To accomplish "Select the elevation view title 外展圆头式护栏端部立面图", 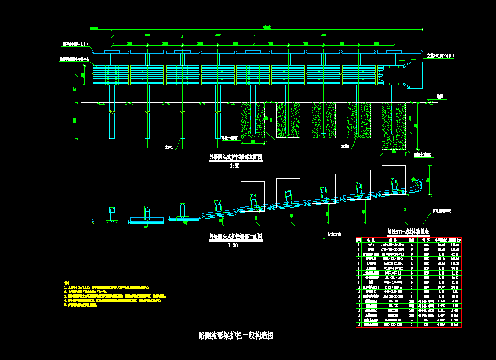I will [232, 157].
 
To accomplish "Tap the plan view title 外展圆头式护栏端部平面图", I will [232, 237].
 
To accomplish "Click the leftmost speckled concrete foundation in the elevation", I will [252, 121].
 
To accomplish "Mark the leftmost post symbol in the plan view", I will [111, 213].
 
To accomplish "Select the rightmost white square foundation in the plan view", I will [393, 178].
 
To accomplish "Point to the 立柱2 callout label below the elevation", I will [345, 147].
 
